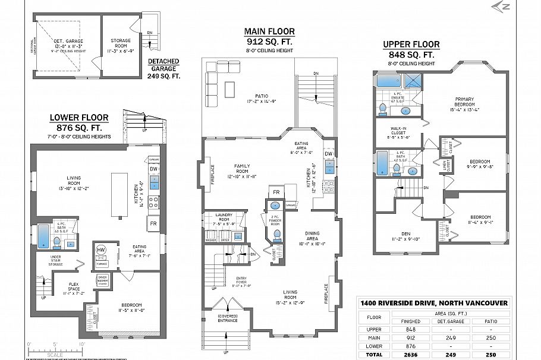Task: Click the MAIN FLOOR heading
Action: (x=269, y=31)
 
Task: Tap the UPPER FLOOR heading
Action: (x=411, y=44)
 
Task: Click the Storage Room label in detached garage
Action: (x=121, y=43)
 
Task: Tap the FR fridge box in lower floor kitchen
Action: (x=153, y=224)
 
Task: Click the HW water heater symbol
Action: (x=101, y=250)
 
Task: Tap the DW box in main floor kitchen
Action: (x=329, y=154)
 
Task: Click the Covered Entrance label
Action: (x=227, y=318)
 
